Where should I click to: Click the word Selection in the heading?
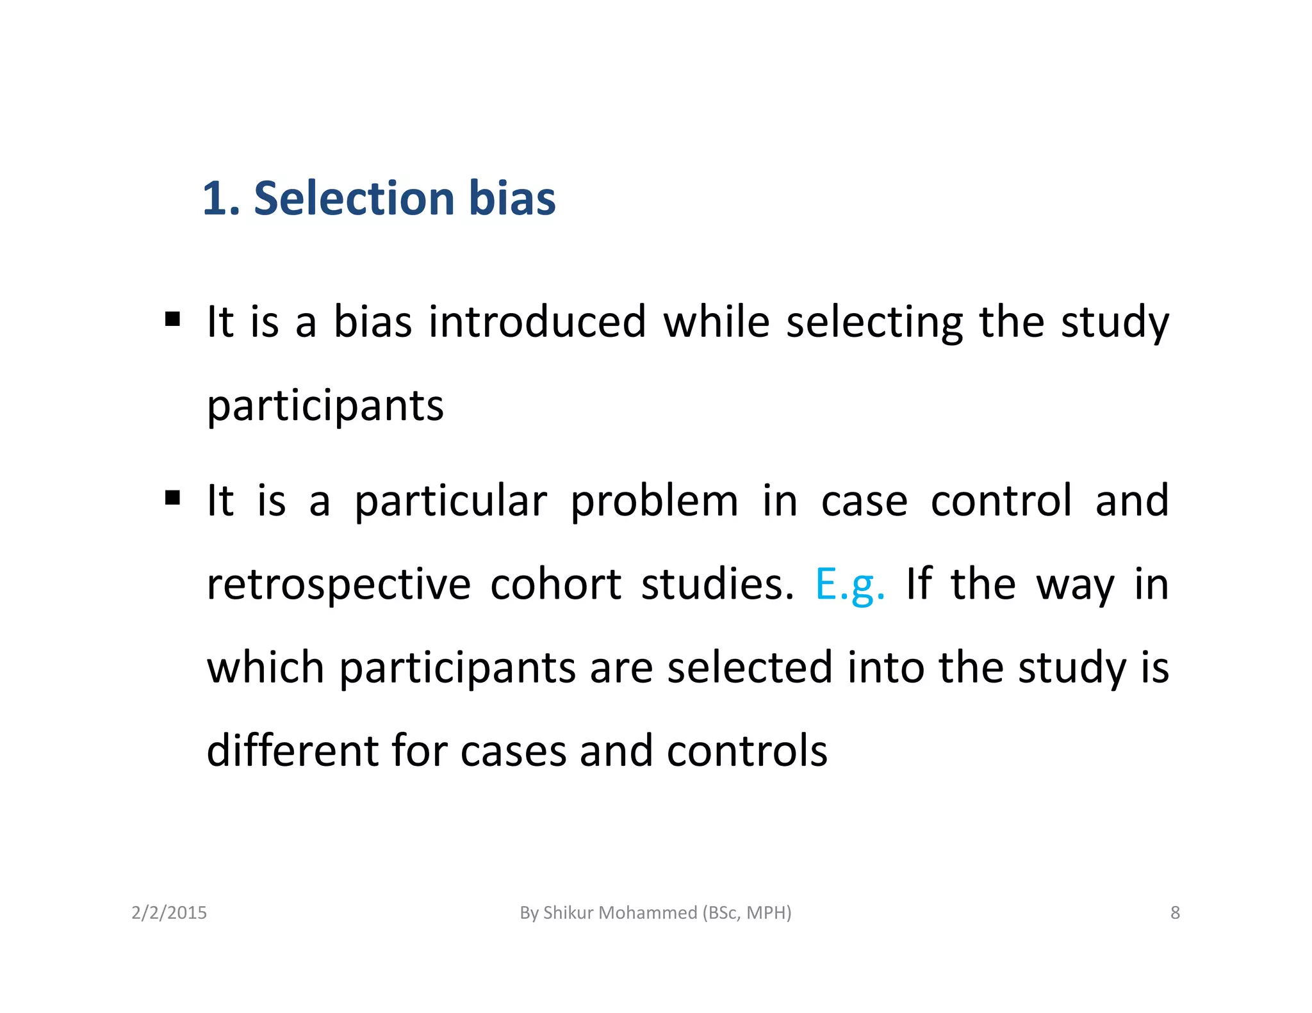click(354, 198)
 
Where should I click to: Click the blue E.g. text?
click(849, 584)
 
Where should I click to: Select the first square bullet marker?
click(172, 318)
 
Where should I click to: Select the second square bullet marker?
click(172, 498)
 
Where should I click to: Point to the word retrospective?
click(338, 585)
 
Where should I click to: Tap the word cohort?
click(555, 584)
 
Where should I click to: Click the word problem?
click(654, 501)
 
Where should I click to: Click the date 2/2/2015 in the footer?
click(169, 912)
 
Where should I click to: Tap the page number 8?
click(1175, 912)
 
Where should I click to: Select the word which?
click(265, 667)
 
